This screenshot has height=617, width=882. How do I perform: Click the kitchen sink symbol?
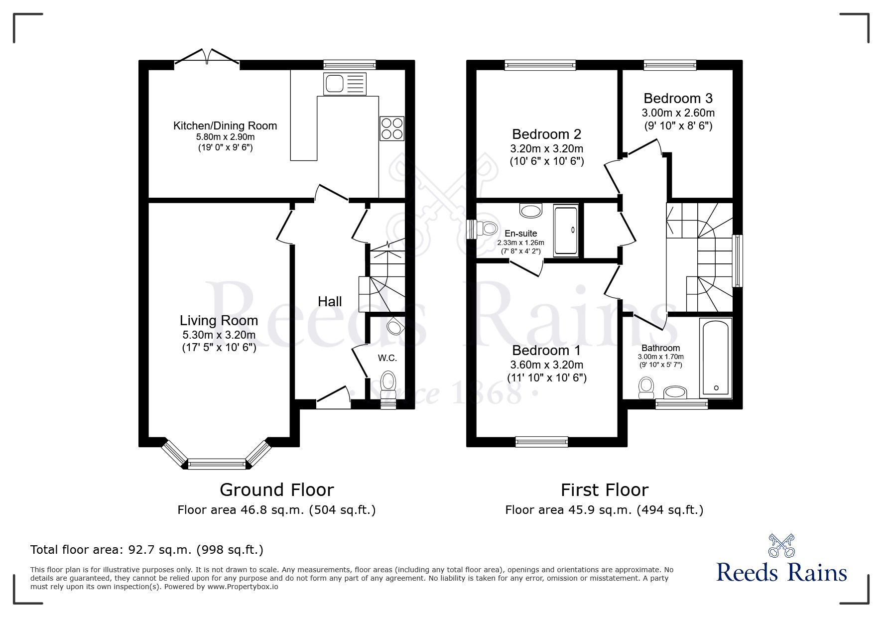click(x=345, y=84)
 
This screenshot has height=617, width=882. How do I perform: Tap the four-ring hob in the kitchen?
click(x=392, y=128)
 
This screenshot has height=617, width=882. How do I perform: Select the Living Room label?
click(x=219, y=320)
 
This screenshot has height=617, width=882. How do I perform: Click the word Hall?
click(x=330, y=301)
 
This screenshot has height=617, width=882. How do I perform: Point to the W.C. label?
click(x=387, y=358)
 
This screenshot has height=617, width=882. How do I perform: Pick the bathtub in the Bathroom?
click(x=716, y=358)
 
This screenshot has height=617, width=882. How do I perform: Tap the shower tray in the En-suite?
click(x=566, y=230)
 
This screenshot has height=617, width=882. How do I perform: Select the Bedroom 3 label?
click(x=678, y=98)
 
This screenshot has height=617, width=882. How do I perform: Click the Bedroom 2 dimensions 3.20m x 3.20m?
click(x=547, y=148)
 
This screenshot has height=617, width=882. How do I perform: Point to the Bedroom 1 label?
click(x=547, y=350)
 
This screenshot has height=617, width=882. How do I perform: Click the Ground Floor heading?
click(x=276, y=490)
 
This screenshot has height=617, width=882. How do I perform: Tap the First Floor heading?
click(x=605, y=490)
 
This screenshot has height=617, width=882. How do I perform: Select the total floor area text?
click(x=147, y=550)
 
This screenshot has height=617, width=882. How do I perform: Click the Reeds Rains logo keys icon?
click(x=782, y=545)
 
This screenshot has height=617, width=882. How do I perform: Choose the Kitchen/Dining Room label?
click(x=225, y=126)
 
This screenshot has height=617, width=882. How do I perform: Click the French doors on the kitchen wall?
click(x=207, y=58)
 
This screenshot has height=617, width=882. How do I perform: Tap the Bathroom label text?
click(x=661, y=348)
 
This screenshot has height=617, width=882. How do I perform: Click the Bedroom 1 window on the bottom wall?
click(x=541, y=441)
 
